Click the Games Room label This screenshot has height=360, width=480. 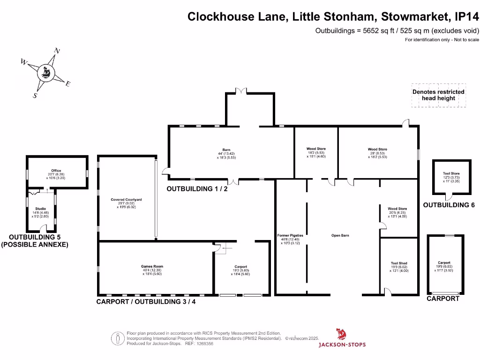(152, 266)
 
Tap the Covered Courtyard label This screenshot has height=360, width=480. (126, 200)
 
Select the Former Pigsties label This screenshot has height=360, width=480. (290, 235)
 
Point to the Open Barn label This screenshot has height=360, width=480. (340, 235)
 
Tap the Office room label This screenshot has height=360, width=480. (56, 171)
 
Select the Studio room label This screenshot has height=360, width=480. (40, 209)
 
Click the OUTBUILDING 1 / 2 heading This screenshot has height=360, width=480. (197, 189)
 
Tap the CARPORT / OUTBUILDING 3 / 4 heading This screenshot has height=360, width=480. (146, 301)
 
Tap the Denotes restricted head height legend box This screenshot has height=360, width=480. (438, 97)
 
